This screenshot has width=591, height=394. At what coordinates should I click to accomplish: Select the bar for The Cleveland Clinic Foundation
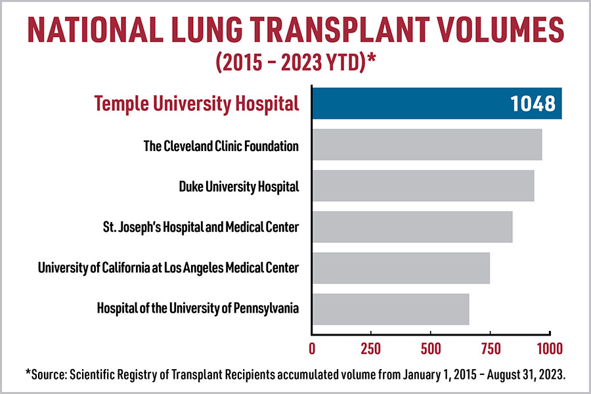point(427,145)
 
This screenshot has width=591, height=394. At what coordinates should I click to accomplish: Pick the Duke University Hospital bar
point(423,186)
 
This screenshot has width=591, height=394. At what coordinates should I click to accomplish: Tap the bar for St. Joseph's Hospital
point(412,227)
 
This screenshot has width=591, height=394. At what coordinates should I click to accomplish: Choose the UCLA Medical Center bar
point(401,268)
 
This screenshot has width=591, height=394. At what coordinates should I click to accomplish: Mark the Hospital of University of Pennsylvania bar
point(390,309)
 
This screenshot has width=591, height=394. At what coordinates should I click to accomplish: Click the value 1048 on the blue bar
point(533,104)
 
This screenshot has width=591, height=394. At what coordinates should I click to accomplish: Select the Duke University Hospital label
point(239,186)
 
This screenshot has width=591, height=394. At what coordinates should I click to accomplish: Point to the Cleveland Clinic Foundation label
point(221,146)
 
